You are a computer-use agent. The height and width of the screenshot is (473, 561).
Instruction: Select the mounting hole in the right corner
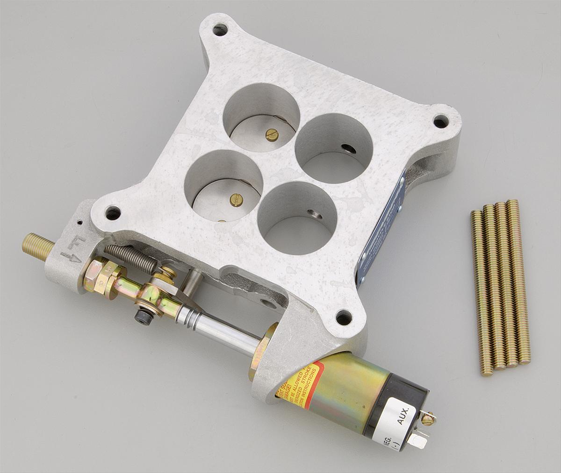(440, 121)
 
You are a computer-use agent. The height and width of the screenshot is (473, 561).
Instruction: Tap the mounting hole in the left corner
(113, 213)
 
